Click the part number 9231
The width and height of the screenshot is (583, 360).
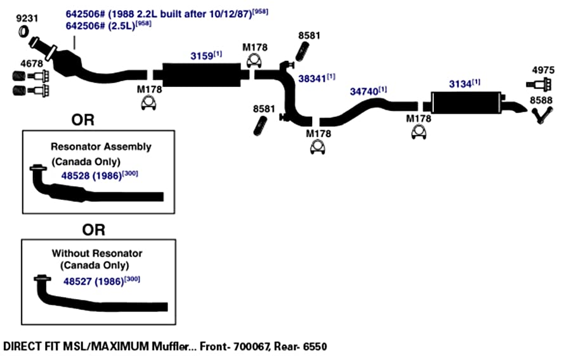pyautogui.click(x=27, y=18)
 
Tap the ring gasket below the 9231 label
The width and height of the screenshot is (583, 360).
pyautogui.click(x=23, y=32)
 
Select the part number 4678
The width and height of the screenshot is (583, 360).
pyautogui.click(x=32, y=63)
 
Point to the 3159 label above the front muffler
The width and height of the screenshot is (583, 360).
pyautogui.click(x=201, y=56)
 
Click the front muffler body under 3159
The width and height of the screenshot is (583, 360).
pyautogui.click(x=202, y=75)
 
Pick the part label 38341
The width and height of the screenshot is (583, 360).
pyautogui.click(x=312, y=79)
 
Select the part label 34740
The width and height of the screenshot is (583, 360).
pyautogui.click(x=364, y=91)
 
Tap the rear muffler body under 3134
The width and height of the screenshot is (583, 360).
pyautogui.click(x=466, y=102)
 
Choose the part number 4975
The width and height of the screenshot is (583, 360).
pyautogui.click(x=543, y=70)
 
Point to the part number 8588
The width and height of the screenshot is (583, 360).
pyautogui.click(x=541, y=100)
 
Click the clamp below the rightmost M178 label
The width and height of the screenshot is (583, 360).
pyautogui.click(x=419, y=132)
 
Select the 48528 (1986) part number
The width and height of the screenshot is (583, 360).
pyautogui.click(x=91, y=176)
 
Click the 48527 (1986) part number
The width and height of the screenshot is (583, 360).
pyautogui.click(x=93, y=281)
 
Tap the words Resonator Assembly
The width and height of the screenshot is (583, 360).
pyautogui.click(x=101, y=147)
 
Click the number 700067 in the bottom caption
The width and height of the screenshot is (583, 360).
pyautogui.click(x=251, y=347)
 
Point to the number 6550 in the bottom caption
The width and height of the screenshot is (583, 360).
pyautogui.click(x=315, y=347)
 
